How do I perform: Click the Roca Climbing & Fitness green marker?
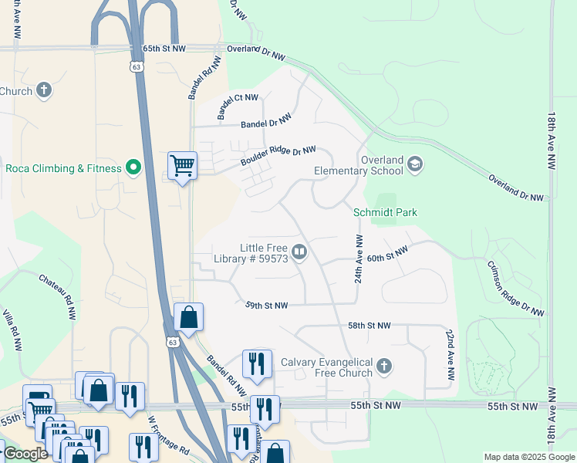pos(133,167)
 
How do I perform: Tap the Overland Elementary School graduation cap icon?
pos(415,164)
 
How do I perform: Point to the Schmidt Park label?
pos(384,212)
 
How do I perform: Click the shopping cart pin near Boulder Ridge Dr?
pos(182,165)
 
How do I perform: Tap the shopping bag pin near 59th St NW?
pos(188,317)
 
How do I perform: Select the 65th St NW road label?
pos(164,48)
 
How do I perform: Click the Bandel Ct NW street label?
pos(238,106)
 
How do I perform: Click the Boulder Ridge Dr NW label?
pos(278,156)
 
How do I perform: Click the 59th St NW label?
pos(267,306)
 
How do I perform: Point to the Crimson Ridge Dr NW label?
pos(515,288)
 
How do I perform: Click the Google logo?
pos(25,455)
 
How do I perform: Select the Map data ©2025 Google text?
pos(528,457)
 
